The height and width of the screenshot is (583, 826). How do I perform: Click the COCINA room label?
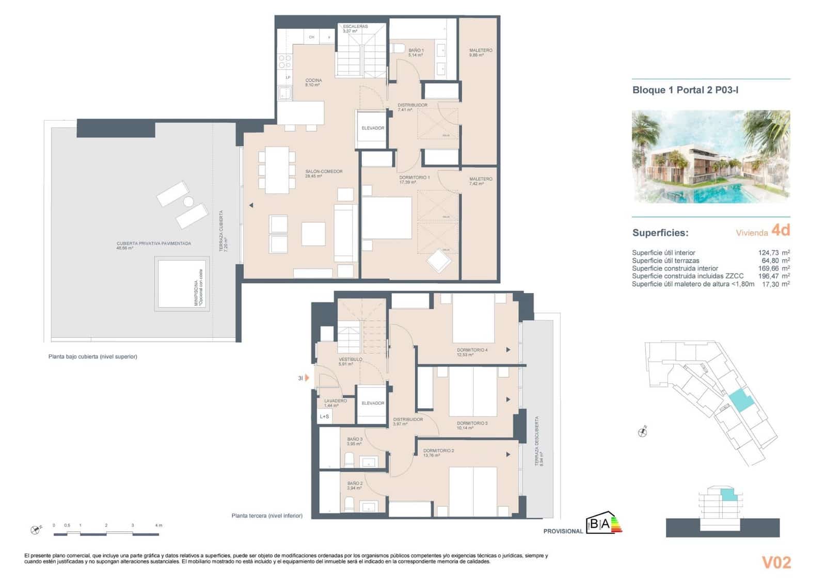click(x=313, y=82)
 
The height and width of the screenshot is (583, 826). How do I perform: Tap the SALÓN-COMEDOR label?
click(x=324, y=173)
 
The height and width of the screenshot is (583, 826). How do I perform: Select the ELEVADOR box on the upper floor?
click(x=373, y=128)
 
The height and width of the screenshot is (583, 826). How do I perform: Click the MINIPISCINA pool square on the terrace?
click(x=182, y=284)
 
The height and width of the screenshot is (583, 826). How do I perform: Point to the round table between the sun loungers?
click(x=188, y=202)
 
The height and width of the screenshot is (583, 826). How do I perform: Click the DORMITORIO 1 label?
click(x=414, y=179)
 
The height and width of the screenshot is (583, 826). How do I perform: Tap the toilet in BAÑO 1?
click(x=399, y=48)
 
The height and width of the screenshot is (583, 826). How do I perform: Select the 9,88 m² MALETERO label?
click(x=480, y=52)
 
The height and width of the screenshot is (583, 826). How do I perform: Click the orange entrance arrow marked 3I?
click(x=307, y=378)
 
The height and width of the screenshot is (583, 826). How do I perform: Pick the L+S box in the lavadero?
click(x=325, y=416)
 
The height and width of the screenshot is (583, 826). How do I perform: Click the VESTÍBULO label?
click(x=350, y=361)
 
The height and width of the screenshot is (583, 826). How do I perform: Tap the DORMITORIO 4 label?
click(x=472, y=352)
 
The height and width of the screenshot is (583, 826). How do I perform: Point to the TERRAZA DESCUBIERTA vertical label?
click(x=538, y=442)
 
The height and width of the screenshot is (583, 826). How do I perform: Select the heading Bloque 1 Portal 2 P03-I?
click(x=685, y=90)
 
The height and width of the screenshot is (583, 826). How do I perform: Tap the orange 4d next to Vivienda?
click(x=781, y=230)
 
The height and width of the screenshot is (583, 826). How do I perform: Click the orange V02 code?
click(x=776, y=562)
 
